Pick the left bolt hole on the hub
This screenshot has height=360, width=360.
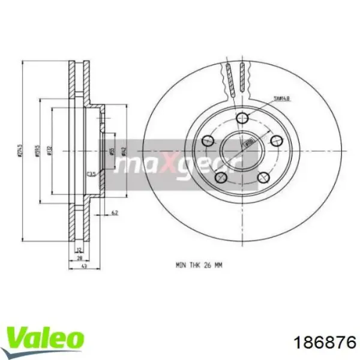pos(208,141)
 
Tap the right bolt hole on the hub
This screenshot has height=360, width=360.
pos(276,140)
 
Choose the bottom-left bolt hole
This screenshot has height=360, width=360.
pos(221,176)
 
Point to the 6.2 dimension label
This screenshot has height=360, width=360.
pos(114,212)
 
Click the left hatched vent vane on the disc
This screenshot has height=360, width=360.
pos(228,78)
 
